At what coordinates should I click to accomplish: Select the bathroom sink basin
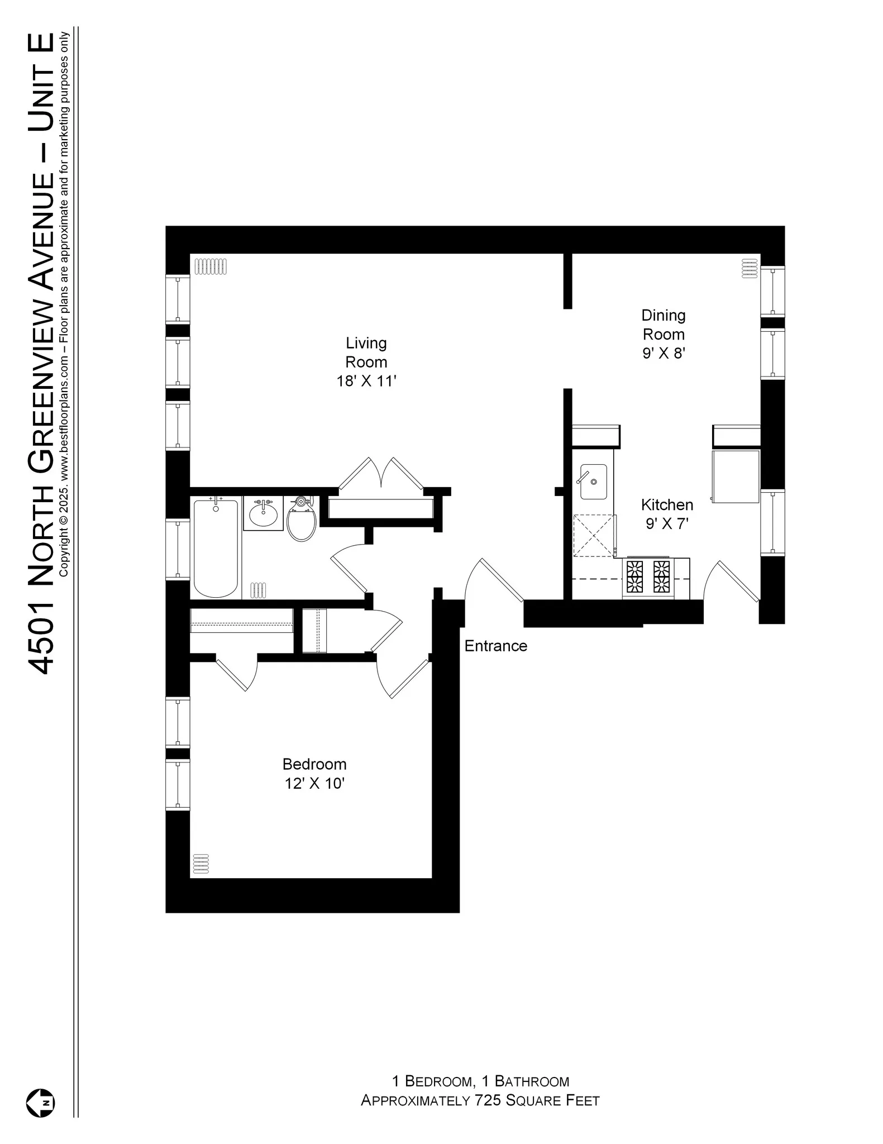pyautogui.click(x=263, y=513)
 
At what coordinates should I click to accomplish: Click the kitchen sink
pyautogui.click(x=593, y=482)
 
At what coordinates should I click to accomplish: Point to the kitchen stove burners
pyautogui.click(x=648, y=576)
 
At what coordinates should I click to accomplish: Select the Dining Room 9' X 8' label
pyautogui.click(x=664, y=334)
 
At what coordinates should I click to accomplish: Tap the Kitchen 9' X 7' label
pyautogui.click(x=667, y=514)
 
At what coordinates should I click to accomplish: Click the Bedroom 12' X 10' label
pyautogui.click(x=314, y=773)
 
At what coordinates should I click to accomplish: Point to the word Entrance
pyautogui.click(x=495, y=646)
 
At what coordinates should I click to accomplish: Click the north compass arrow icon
pyautogui.click(x=41, y=1103)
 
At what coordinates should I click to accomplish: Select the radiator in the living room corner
pyautogui.click(x=211, y=266)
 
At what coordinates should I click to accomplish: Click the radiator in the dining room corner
pyautogui.click(x=748, y=268)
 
